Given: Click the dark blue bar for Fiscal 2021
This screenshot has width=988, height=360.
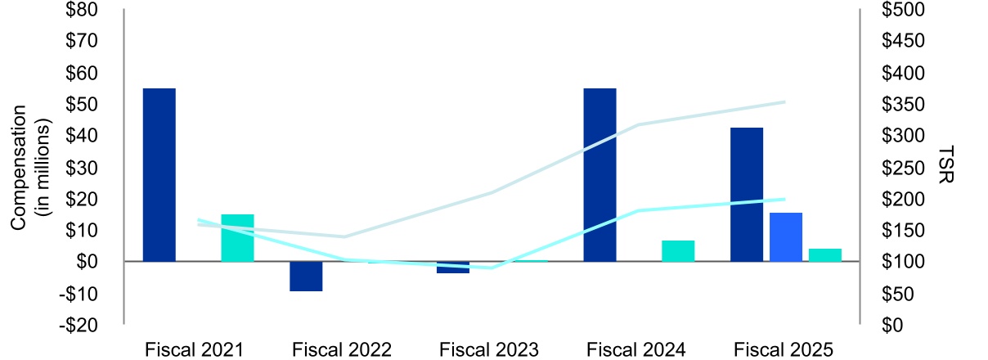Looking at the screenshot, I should (159, 174).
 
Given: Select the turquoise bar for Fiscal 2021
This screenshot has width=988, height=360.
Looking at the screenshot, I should (237, 238).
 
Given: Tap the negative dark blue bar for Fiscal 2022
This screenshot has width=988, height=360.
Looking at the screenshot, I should (306, 277).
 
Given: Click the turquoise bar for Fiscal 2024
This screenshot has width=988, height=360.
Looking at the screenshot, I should (678, 251).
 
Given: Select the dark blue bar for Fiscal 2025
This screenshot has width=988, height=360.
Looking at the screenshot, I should (747, 195).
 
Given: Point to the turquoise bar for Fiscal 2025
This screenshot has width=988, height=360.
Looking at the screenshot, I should (824, 255).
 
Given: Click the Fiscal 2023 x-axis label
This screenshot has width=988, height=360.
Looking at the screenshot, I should (489, 349).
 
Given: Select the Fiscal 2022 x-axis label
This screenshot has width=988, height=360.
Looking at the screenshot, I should (342, 349).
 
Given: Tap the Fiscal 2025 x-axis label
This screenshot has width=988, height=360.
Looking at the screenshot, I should (783, 349).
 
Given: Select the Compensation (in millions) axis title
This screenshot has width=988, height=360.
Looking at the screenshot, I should (31, 167).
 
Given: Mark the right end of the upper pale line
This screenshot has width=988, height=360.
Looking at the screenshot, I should (784, 102).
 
